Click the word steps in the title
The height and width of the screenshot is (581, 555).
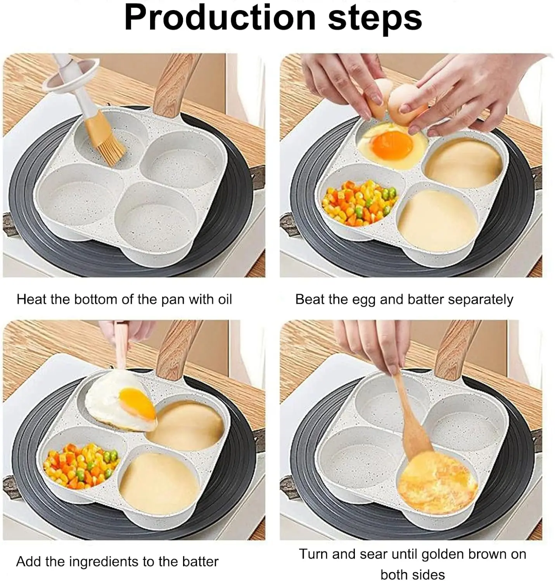coord(375,19)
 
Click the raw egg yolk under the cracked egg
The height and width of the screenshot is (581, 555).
coord(392,146)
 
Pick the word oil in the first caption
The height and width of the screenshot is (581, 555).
coord(225,299)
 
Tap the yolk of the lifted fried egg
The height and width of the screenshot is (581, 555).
coord(137,404)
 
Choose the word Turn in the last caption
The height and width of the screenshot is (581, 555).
coord(314,554)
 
